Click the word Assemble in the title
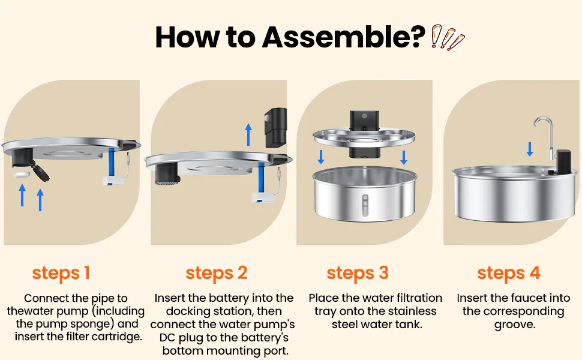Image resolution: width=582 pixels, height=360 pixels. point(343,37)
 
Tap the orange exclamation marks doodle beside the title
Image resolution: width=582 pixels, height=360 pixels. point(448,37)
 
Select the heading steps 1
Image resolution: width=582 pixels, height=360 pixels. point(61,274)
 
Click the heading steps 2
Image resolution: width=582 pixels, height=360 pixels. point(217,274)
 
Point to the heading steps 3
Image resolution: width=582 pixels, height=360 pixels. point(358,274)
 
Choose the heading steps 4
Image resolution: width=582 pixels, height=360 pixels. point(509,274)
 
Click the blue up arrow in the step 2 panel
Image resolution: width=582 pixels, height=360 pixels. point(248,134)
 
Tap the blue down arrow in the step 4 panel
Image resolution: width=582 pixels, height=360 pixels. point(530,149)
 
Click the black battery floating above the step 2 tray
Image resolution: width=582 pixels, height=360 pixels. point(275,127)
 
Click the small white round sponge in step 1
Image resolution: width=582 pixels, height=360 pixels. point(21,175)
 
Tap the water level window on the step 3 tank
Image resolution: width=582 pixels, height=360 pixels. point(365,206)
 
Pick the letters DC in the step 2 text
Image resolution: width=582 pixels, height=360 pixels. point(168,337)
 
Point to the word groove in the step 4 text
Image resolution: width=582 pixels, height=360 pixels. point(515,325)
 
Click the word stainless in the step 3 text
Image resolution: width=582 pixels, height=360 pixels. point(412,311)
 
